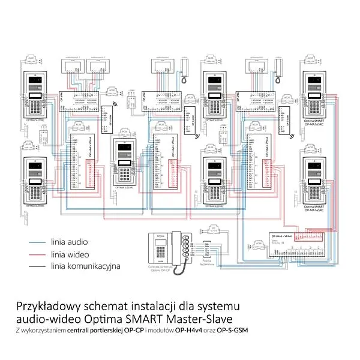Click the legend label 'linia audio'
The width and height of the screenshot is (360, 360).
pos(69,242)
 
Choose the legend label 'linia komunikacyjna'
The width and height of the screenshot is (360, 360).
pos(86,266)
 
